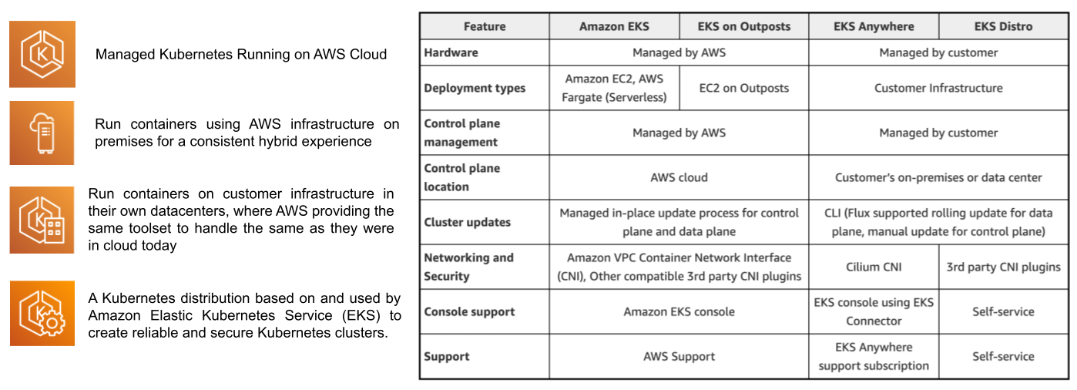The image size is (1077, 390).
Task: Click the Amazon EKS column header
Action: [x=614, y=26]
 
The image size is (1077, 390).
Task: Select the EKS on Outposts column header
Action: [x=743, y=26]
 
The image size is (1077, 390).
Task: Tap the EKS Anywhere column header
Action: [x=874, y=26]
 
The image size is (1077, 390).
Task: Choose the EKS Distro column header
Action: [x=1002, y=26]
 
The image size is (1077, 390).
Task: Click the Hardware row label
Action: [x=451, y=52]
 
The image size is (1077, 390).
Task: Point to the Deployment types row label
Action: [x=475, y=88]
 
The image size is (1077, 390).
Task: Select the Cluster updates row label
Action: [x=467, y=222]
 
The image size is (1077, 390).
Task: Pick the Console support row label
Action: [x=469, y=311]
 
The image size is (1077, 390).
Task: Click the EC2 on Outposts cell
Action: [x=743, y=88]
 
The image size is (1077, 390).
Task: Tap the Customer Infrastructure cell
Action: [x=938, y=88]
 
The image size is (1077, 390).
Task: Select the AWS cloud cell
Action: [x=679, y=177]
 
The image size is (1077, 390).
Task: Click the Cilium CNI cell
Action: [x=874, y=267]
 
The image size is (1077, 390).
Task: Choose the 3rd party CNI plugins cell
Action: [x=1003, y=267]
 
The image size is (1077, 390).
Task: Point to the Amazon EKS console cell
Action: [x=679, y=311]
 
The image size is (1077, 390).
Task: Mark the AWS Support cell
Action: [x=679, y=356]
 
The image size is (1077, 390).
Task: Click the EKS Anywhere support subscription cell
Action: [x=874, y=356]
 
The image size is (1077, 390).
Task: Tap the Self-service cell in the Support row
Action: [x=1003, y=356]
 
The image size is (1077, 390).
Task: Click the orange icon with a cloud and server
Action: [x=42, y=133]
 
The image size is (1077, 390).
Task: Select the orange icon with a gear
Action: [x=42, y=313]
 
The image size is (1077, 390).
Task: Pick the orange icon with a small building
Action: [x=42, y=220]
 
